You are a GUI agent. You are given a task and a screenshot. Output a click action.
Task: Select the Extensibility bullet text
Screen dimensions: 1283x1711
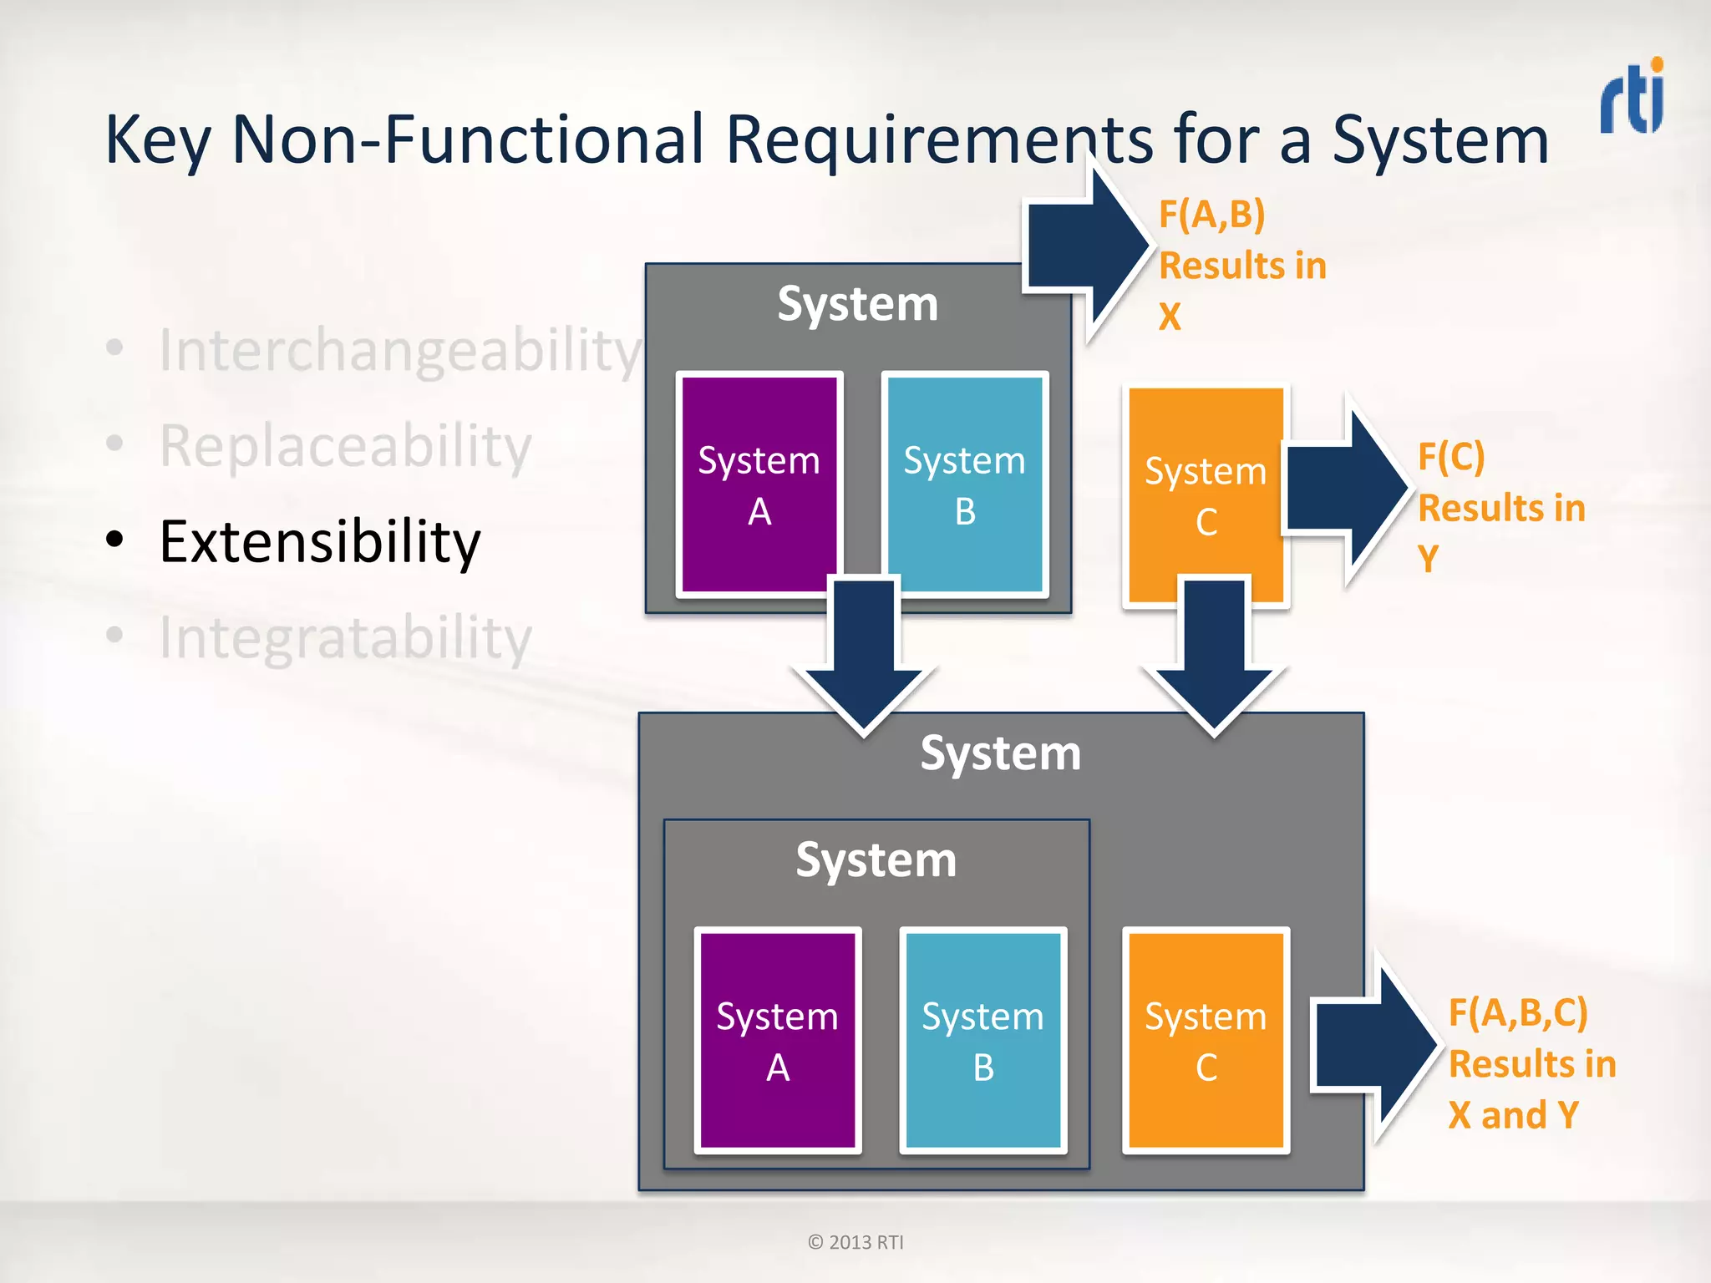click(x=319, y=542)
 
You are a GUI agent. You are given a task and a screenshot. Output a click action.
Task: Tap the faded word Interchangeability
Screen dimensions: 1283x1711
click(x=399, y=351)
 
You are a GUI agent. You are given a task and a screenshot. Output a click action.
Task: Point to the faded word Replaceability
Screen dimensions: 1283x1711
click(x=345, y=447)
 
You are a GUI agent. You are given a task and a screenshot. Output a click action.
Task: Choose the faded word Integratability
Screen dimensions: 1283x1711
click(x=345, y=638)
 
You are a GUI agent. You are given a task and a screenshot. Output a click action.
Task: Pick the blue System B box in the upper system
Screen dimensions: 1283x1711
click(x=965, y=484)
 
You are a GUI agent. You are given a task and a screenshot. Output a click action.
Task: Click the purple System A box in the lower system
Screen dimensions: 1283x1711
click(x=777, y=1041)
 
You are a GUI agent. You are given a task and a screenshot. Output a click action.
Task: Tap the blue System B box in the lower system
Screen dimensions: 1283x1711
click(x=982, y=1041)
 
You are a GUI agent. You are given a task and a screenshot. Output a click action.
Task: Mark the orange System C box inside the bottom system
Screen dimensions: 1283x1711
click(x=1205, y=1041)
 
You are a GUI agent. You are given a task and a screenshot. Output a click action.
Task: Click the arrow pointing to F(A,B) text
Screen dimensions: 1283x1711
click(x=1086, y=246)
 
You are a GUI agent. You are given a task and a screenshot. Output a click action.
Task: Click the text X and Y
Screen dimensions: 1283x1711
click(x=1513, y=1115)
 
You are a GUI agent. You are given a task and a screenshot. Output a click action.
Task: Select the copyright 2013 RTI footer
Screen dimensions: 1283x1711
click(x=855, y=1242)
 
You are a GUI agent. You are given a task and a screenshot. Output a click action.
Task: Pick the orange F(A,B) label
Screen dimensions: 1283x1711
click(x=1211, y=215)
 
